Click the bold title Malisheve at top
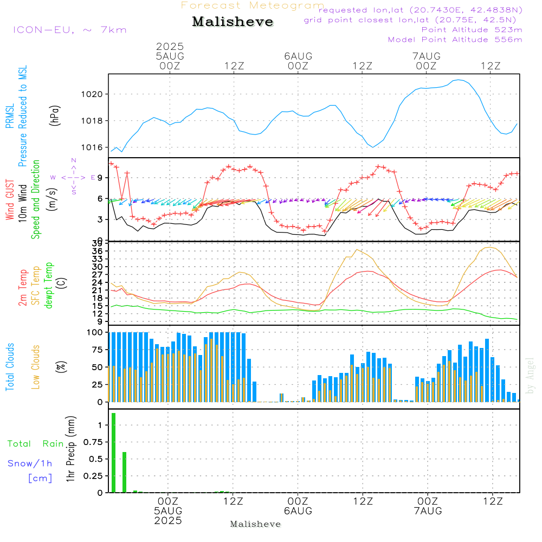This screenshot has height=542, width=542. coord(233,22)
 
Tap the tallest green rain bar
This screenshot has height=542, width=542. coord(113,453)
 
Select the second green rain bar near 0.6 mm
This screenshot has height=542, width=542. coord(125,472)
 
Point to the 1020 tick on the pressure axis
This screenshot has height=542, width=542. coord(92,94)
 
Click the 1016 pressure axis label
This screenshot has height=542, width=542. coord(92,147)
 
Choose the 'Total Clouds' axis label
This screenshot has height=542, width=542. coord(10,367)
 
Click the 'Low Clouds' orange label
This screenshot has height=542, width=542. coord(36,367)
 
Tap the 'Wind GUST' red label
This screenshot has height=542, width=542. coord(10,199)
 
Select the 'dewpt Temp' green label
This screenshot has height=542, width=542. coord(49,286)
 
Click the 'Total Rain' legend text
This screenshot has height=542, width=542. coord(36,443)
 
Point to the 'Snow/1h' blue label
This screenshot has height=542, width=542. coord(30,463)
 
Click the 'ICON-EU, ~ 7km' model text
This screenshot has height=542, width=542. coord(70,30)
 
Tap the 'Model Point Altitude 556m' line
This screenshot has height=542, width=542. coord(455,40)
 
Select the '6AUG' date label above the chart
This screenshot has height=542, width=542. coord(298,56)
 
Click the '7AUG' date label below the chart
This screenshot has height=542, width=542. coord(428,511)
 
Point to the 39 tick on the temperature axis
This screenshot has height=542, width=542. coord(97,243)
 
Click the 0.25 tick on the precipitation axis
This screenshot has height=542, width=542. coord(93,476)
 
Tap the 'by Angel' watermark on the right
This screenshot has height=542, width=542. coord(530,376)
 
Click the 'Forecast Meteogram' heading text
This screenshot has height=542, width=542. coord(253,5)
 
